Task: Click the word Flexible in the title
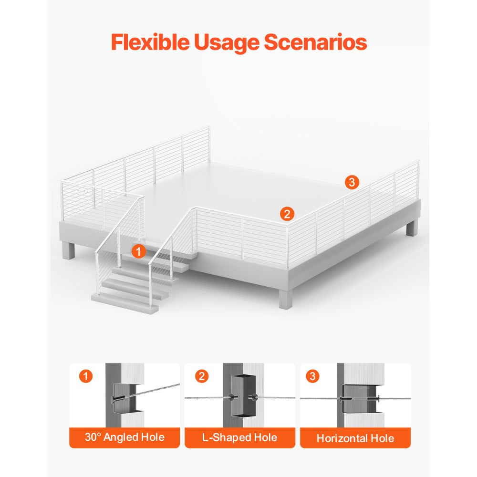click(150, 41)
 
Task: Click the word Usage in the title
click(227, 43)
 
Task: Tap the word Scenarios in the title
click(315, 41)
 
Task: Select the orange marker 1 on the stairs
click(138, 251)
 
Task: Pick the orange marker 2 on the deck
click(287, 214)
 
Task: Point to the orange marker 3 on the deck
click(352, 182)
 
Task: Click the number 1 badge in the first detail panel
click(86, 376)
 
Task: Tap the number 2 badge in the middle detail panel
click(201, 376)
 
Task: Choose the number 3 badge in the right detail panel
click(313, 376)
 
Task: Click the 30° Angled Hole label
click(124, 437)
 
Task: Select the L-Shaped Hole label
click(240, 437)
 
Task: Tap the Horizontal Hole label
click(355, 438)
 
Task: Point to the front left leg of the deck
click(68, 250)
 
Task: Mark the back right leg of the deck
click(412, 228)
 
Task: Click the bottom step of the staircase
click(125, 303)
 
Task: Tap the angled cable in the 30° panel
click(155, 391)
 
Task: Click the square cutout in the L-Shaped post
click(242, 396)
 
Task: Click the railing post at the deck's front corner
click(287, 247)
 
